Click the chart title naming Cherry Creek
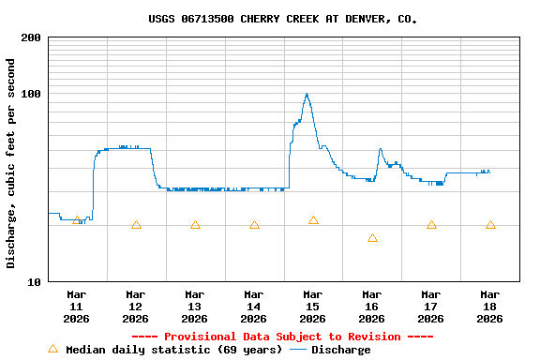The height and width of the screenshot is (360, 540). (x=282, y=19)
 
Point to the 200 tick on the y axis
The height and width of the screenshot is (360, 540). (x=31, y=37)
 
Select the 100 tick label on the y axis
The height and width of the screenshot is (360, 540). (x=31, y=94)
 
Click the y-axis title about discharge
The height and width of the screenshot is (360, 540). (x=11, y=163)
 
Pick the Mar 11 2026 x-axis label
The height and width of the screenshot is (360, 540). (x=76, y=306)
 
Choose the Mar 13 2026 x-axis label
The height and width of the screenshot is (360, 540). (x=194, y=306)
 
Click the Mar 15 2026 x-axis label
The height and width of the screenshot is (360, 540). (x=312, y=306)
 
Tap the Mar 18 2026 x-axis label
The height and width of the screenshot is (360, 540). (x=489, y=306)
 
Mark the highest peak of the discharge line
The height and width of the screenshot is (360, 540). (x=307, y=95)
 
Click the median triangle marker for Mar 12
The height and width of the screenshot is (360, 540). (x=136, y=225)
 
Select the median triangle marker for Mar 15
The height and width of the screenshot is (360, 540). (x=313, y=220)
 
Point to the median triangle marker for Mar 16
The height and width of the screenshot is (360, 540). (x=372, y=238)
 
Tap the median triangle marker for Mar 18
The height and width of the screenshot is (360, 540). (x=490, y=225)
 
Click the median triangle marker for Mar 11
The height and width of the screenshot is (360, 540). (x=77, y=220)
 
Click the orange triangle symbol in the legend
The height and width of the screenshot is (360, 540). (x=52, y=349)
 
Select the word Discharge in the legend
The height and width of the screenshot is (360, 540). (x=340, y=350)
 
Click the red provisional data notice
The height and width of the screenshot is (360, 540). (x=282, y=337)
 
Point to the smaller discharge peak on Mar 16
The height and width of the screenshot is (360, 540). (x=380, y=149)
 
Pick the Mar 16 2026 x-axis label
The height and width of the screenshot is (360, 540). (x=371, y=306)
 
